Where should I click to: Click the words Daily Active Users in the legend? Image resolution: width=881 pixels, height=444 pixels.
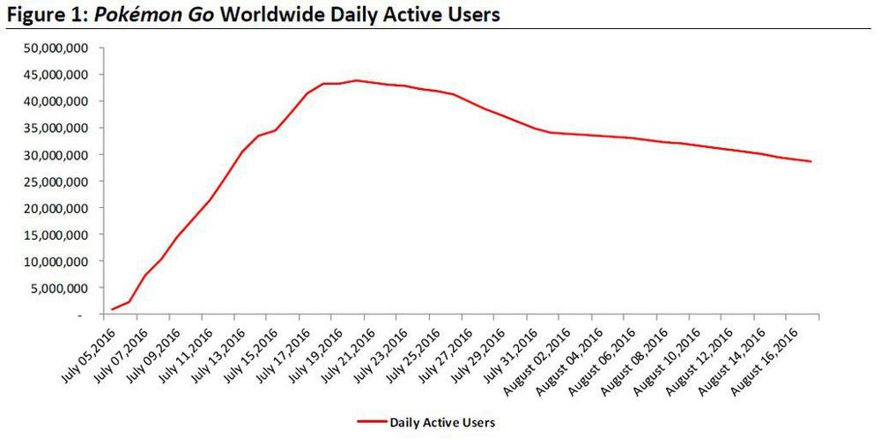tap(442, 423)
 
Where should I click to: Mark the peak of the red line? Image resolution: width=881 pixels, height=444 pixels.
tap(356, 80)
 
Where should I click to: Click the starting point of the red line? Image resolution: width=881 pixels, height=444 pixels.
tap(112, 309)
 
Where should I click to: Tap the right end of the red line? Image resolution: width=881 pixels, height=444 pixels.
tap(811, 161)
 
